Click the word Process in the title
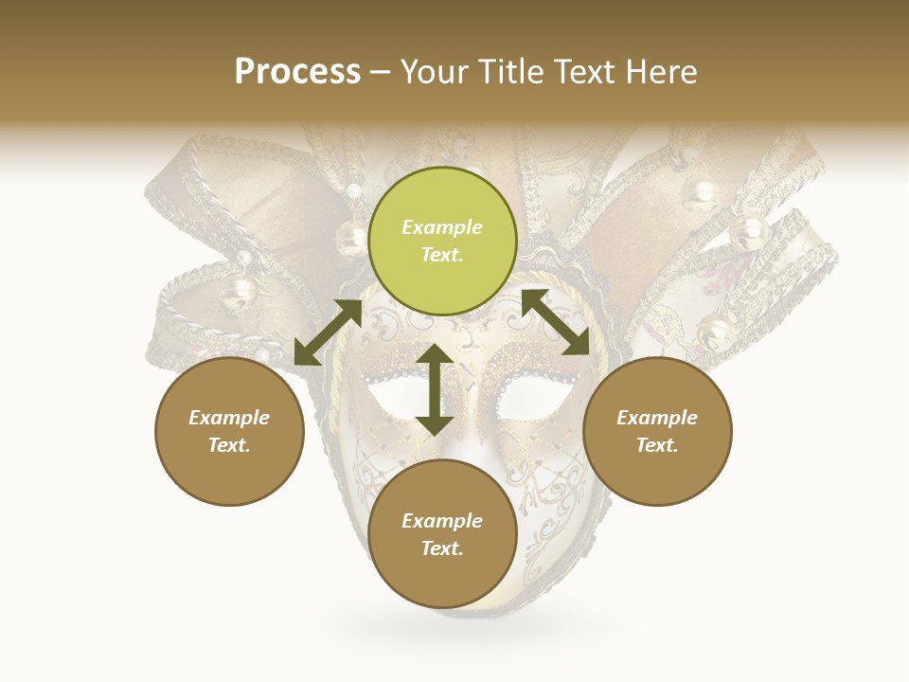click(297, 72)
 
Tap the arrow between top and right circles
click(556, 322)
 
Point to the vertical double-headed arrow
click(435, 389)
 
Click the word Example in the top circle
click(442, 227)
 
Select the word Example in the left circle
click(229, 418)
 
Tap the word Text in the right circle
click(657, 445)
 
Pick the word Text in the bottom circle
click(442, 548)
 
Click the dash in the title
click(381, 73)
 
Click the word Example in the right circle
click(657, 418)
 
